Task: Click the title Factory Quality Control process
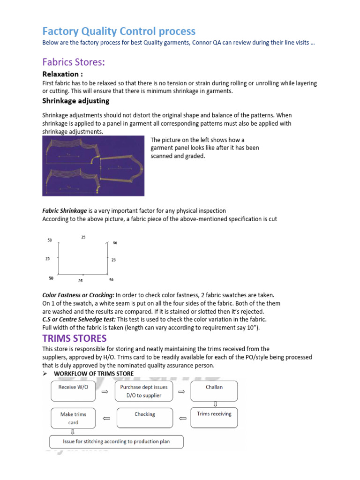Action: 119,31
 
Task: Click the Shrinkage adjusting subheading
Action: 75,101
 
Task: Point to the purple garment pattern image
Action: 93,165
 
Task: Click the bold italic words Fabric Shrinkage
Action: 65,211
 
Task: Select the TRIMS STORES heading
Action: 75,338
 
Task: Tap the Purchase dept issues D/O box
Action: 144,391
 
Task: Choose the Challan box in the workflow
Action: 214,391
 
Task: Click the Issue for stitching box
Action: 116,442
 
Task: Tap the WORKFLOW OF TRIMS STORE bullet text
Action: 94,373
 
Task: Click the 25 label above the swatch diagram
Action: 83,237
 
